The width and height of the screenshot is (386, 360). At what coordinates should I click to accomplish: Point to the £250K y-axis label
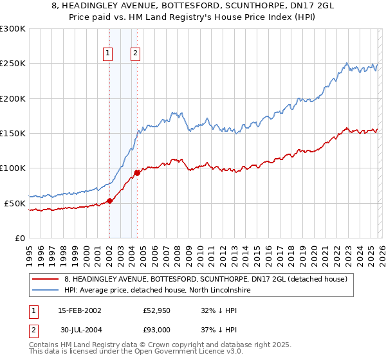coord(13,64)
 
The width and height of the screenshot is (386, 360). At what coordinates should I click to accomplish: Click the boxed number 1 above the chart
coord(107,54)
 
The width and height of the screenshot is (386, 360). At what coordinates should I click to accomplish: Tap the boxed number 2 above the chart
coord(136,54)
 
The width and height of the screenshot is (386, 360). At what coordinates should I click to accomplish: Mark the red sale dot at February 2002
coord(109,201)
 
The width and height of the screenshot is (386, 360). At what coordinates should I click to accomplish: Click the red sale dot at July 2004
coord(137,173)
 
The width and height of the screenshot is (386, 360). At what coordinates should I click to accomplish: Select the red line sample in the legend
coord(46,279)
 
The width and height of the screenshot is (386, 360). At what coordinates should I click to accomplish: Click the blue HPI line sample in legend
coord(46,291)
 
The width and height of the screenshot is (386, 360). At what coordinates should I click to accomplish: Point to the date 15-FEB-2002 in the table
coord(80,310)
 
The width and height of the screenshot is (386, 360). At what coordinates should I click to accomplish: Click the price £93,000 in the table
coord(157,330)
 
